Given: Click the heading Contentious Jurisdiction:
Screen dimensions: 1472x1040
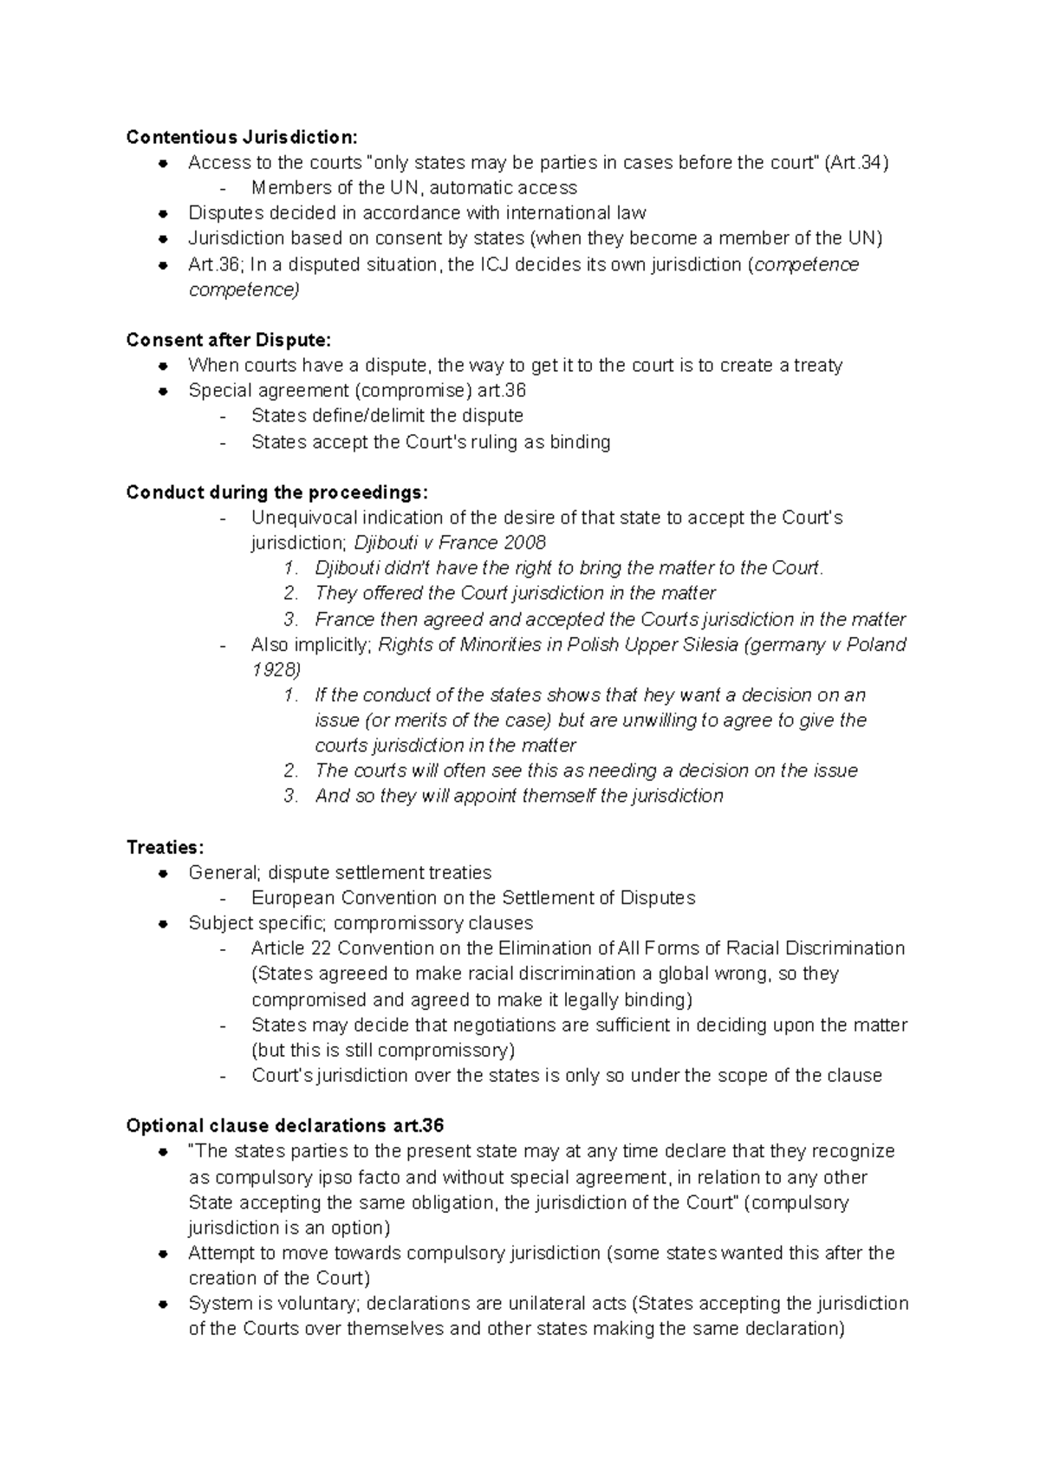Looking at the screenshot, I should pyautogui.click(x=241, y=137).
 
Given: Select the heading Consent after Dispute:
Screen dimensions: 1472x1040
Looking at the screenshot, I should pyautogui.click(x=228, y=340).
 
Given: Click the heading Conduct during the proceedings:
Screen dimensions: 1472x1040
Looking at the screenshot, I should pyautogui.click(x=276, y=492).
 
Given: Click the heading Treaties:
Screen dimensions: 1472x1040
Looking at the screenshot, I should pyautogui.click(x=165, y=847).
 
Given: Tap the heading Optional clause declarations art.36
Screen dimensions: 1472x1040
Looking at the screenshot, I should pyautogui.click(x=284, y=1126).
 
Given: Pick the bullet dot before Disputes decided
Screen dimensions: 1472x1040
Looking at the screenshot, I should pyautogui.click(x=162, y=213).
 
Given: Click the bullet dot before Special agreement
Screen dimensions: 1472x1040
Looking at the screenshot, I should pyautogui.click(x=162, y=391).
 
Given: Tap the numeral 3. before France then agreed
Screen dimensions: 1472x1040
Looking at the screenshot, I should pyautogui.click(x=291, y=620).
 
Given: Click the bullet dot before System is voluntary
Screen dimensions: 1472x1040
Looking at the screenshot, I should pyautogui.click(x=162, y=1304).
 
